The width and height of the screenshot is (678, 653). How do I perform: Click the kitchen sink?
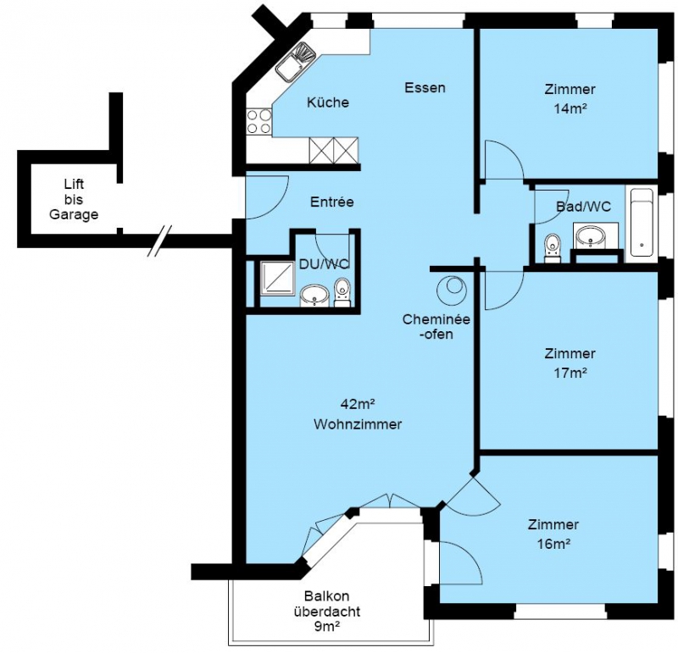pyautogui.click(x=296, y=62)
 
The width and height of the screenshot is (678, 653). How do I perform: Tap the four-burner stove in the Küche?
pyautogui.click(x=259, y=121)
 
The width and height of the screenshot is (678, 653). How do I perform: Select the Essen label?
pyautogui.click(x=425, y=88)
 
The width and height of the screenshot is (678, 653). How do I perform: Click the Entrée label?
pyautogui.click(x=332, y=202)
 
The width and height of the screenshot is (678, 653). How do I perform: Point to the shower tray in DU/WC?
pyautogui.click(x=277, y=279)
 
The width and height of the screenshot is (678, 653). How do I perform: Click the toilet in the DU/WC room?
pyautogui.click(x=342, y=292)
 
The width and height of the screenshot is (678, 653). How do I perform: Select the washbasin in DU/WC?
pyautogui.click(x=314, y=296)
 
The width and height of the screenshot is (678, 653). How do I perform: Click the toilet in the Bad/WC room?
pyautogui.click(x=552, y=248)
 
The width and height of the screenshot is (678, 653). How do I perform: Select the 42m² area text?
pyautogui.click(x=357, y=404)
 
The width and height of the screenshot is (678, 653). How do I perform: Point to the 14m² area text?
pyautogui.click(x=570, y=108)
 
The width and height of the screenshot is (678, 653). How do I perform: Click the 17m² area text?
pyautogui.click(x=570, y=373)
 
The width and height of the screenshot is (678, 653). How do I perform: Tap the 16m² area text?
pyautogui.click(x=553, y=544)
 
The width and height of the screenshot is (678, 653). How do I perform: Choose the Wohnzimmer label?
pyautogui.click(x=358, y=424)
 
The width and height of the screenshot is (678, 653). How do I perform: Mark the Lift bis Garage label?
pyautogui.click(x=74, y=199)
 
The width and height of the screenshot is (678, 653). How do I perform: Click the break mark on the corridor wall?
pyautogui.click(x=159, y=241)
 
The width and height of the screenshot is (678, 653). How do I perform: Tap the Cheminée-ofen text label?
pyautogui.click(x=436, y=327)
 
